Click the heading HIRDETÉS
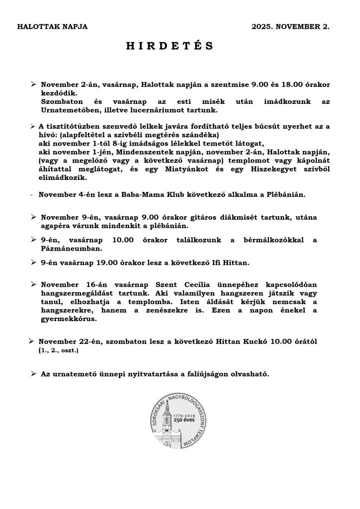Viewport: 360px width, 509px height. coord(169,46)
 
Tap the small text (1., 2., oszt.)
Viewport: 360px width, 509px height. coord(58,350)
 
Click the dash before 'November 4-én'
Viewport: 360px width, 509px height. coord(32,194)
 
